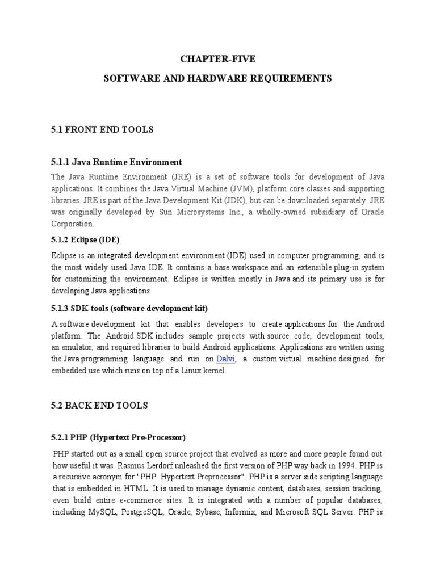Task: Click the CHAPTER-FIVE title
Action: pyautogui.click(x=217, y=58)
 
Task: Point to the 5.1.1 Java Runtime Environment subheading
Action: pyautogui.click(x=116, y=162)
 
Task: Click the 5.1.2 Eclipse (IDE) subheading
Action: pyautogui.click(x=86, y=239)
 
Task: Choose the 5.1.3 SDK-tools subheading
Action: pyautogui.click(x=129, y=308)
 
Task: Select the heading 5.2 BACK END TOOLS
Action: pyautogui.click(x=100, y=405)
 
